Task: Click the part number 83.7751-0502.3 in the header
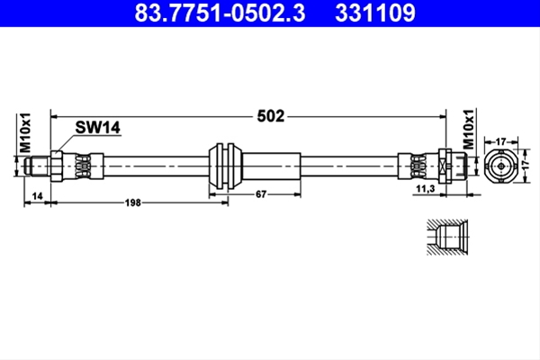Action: tap(220, 13)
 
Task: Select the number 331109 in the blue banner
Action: tap(375, 13)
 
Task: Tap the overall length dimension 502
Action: tap(271, 116)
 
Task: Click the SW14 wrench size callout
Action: tap(98, 128)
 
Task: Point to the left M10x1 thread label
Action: tap(25, 132)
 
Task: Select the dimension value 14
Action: tap(37, 196)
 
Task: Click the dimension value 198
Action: tap(133, 202)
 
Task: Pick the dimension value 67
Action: tap(261, 194)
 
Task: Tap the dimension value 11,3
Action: tap(426, 189)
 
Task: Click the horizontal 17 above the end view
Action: tap(500, 141)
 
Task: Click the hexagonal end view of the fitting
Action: tap(501, 166)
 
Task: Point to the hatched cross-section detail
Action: tap(447, 238)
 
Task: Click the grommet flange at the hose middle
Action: tap(226, 166)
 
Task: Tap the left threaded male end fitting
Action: tap(38, 166)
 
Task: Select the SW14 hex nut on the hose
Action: tap(57, 166)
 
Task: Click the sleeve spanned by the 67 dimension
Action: tap(272, 166)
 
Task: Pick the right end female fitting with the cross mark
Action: tap(452, 166)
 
